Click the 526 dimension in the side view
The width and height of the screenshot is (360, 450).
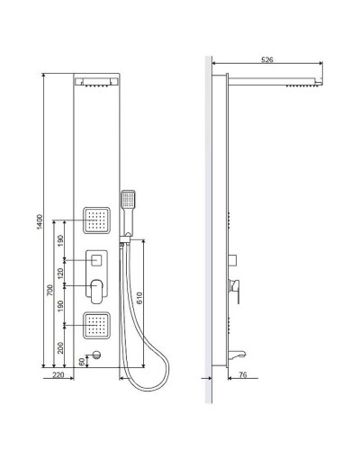point(266,59)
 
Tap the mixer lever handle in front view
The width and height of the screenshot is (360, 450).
point(96,290)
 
